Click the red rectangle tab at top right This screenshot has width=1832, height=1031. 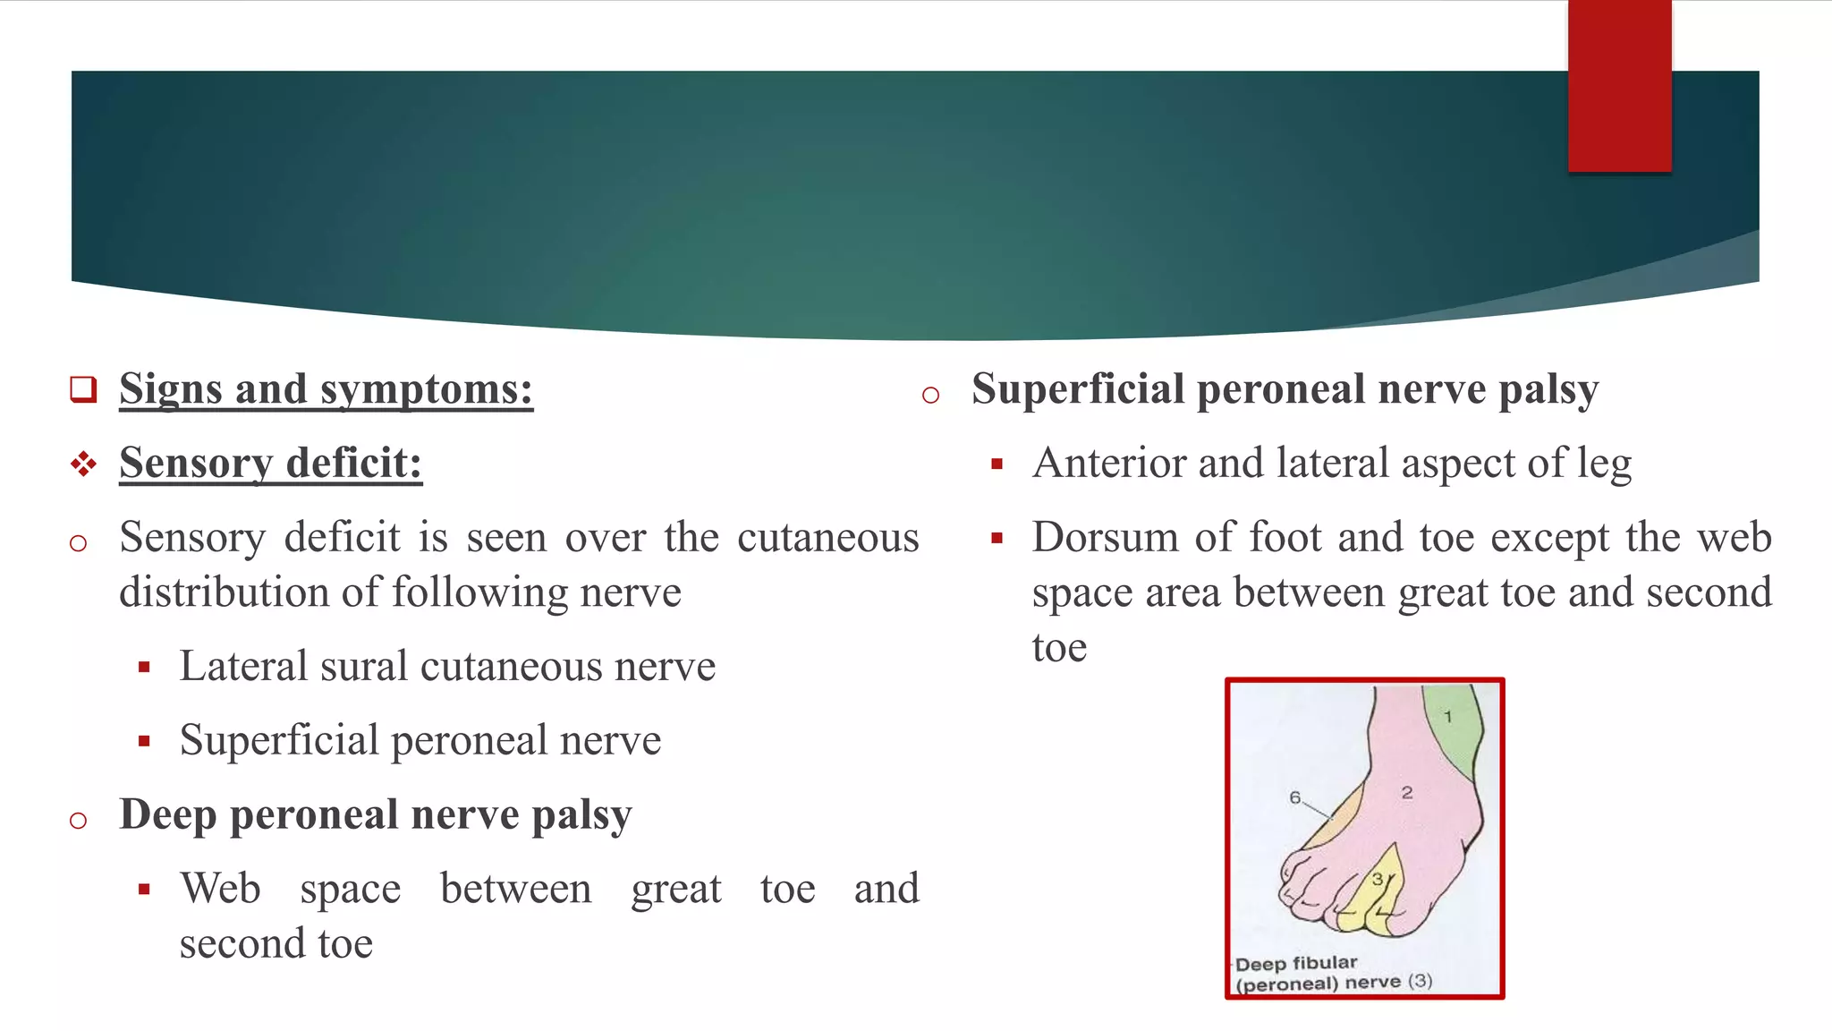(x=1619, y=86)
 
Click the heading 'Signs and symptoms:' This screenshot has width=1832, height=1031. (x=326, y=389)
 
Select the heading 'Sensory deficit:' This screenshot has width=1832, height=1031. (x=270, y=464)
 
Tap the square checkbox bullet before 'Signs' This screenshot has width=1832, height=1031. (x=83, y=389)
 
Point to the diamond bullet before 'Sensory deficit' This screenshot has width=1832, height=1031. (x=83, y=464)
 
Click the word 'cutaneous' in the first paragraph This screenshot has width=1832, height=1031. (x=827, y=538)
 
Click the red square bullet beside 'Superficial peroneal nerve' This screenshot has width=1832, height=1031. (x=144, y=741)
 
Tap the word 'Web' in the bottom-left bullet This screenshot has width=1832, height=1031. (x=220, y=889)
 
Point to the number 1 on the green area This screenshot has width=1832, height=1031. (x=1448, y=717)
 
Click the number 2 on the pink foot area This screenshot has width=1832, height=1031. (x=1407, y=793)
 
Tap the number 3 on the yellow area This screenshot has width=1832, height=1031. (x=1378, y=880)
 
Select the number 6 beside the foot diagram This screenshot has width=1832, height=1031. (x=1294, y=797)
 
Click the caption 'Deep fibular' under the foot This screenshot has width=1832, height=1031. (x=1296, y=963)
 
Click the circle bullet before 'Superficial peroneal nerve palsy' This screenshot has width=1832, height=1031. (x=930, y=395)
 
